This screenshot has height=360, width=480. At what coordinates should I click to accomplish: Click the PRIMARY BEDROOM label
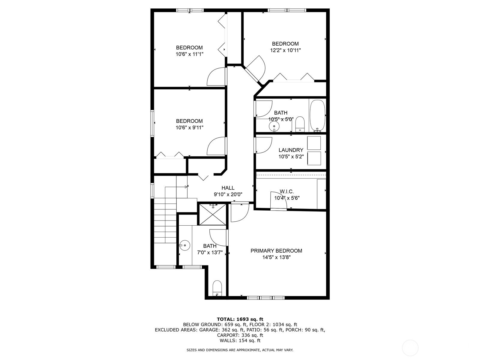[x=276, y=251]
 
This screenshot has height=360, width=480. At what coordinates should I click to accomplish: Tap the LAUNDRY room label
[x=291, y=150]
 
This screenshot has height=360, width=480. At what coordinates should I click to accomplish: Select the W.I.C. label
[x=287, y=191]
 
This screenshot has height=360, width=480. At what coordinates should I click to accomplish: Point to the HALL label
[x=228, y=188]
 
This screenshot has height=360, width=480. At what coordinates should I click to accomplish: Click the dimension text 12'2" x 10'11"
[x=285, y=50]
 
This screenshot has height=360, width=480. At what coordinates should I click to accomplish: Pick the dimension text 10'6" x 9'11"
[x=190, y=127]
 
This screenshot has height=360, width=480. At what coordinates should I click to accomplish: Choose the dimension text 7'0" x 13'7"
[x=210, y=253]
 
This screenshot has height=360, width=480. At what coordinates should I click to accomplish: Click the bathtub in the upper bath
[x=317, y=115]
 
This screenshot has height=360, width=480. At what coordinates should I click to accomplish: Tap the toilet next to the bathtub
[x=300, y=124]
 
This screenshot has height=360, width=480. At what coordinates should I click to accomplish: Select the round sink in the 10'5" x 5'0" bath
[x=274, y=126]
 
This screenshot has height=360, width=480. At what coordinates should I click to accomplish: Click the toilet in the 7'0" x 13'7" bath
[x=217, y=288]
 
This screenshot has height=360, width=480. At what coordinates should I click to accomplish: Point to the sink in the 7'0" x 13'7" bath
[x=185, y=245]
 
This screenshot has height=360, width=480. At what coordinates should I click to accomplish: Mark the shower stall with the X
[x=213, y=214]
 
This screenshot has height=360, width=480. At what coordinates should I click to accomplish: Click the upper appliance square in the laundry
[x=314, y=143]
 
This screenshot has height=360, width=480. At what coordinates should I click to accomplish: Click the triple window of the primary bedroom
[x=266, y=298]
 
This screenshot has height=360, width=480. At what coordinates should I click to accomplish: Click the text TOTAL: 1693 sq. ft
[x=240, y=319]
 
